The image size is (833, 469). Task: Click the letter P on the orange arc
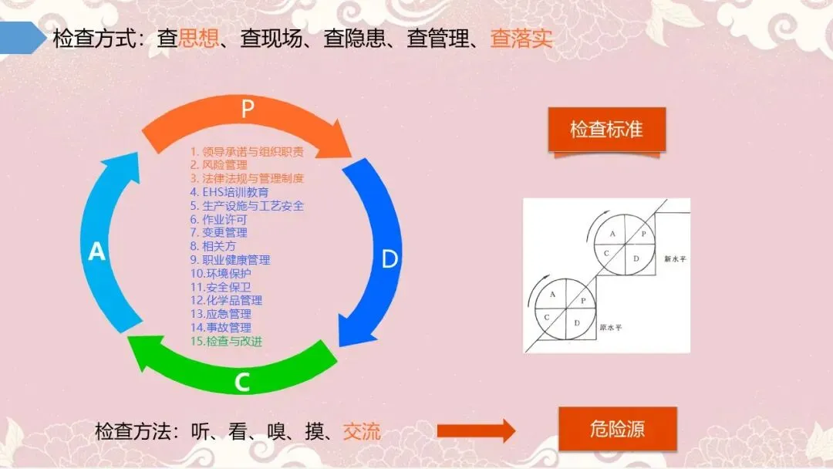click(x=247, y=109)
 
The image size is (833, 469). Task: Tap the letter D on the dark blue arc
click(x=390, y=259)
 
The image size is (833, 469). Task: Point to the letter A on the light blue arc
click(x=96, y=251)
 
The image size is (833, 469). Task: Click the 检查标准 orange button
click(x=606, y=129)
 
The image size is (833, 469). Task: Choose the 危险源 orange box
click(x=617, y=430)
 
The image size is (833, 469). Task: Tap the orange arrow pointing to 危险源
click(x=476, y=430)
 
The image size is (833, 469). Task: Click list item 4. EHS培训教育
click(x=230, y=192)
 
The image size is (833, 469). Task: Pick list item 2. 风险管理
click(x=219, y=164)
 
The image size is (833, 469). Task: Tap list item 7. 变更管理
click(x=219, y=232)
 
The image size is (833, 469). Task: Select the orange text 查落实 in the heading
click(x=521, y=39)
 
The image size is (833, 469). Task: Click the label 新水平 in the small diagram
click(x=675, y=259)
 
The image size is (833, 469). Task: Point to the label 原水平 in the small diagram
click(x=612, y=327)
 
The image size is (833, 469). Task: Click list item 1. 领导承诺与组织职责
click(x=247, y=151)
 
